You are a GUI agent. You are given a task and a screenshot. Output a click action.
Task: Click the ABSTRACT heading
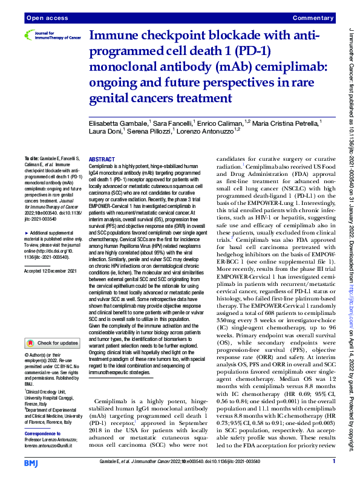coord(102,158)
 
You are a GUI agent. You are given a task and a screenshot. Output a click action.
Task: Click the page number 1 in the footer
coord(333,462)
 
